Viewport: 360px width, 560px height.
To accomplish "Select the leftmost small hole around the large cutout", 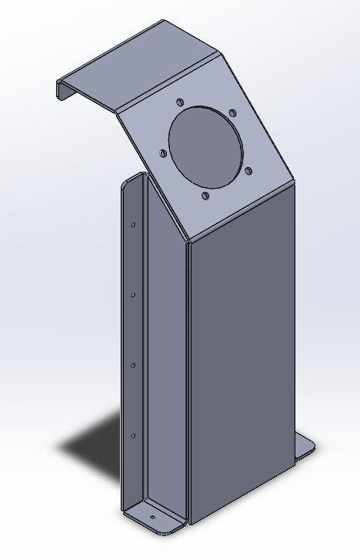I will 162,153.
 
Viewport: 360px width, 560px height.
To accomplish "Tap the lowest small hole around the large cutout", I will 205,196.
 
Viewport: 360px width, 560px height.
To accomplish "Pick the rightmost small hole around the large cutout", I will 250,168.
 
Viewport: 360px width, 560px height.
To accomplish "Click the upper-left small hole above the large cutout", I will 178,101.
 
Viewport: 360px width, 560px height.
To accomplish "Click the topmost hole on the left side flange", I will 133,225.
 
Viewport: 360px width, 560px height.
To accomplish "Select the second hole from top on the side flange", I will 133,293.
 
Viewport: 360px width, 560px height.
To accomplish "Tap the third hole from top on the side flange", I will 133,364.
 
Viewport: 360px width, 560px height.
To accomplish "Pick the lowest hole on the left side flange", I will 133,436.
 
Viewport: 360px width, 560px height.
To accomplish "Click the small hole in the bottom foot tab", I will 152,517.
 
